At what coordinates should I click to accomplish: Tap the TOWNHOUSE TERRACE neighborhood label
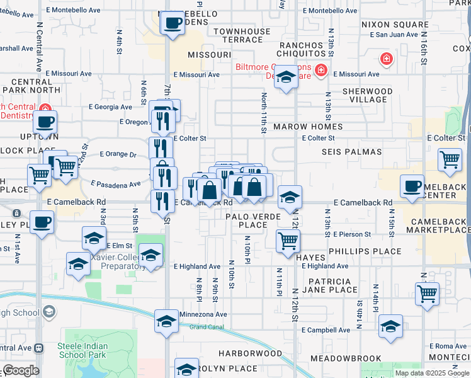[x=237, y=35]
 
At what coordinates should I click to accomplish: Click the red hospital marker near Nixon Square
[x=385, y=59]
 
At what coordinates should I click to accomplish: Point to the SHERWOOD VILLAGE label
[x=368, y=95]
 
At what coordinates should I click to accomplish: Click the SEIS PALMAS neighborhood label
[x=352, y=152]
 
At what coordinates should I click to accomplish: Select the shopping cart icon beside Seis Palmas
[x=450, y=159]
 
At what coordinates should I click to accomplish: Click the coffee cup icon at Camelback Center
[x=412, y=186]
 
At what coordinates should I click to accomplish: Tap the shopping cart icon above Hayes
[x=288, y=239]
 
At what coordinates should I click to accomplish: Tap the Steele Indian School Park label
[x=86, y=351]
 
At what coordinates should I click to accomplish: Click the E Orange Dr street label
[x=118, y=154]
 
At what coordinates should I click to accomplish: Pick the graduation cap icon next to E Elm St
[x=94, y=238]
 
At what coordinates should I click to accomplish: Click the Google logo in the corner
[x=20, y=370]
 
